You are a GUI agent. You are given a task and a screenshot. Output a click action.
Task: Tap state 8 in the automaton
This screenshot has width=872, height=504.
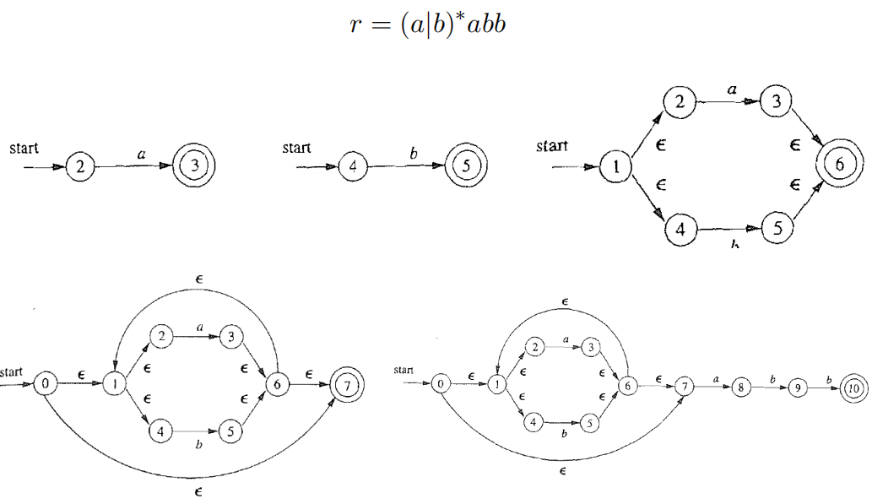[x=740, y=386]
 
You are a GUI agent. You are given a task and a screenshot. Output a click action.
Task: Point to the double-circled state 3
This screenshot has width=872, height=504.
[x=195, y=166]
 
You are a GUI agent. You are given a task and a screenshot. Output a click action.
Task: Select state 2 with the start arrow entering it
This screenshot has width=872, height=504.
[x=79, y=166]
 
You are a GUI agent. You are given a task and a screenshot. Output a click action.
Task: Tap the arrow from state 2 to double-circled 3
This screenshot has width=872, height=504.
[x=135, y=166]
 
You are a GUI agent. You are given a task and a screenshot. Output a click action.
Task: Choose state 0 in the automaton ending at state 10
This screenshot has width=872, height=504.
[x=440, y=384]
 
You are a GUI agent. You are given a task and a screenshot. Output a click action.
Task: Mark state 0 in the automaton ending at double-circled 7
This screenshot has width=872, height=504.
[x=46, y=384]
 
